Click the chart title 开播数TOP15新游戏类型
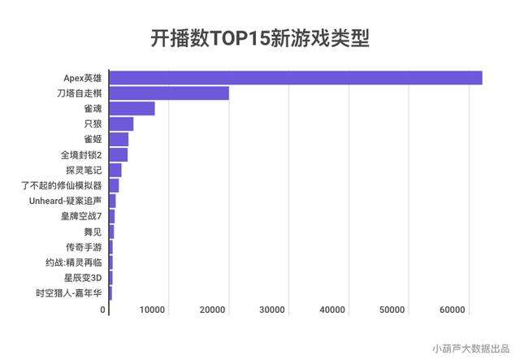[x=259, y=38]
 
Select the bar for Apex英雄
[x=295, y=78]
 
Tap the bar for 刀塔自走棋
[x=168, y=93]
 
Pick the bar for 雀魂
[x=131, y=109]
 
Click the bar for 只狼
[x=120, y=124]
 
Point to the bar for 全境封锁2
[x=118, y=154]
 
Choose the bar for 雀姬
[x=118, y=139]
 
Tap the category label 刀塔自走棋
[x=79, y=93]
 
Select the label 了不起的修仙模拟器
[x=62, y=185]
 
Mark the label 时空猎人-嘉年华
[x=69, y=293]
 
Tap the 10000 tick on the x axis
[x=153, y=310]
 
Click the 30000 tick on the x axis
[x=272, y=310]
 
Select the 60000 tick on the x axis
[x=452, y=310]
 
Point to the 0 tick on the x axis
[x=103, y=310]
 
